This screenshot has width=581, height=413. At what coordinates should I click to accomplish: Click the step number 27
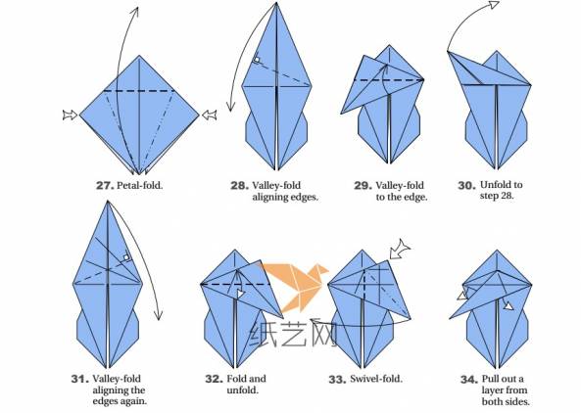(x=105, y=185)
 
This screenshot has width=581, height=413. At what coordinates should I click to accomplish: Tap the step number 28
(x=239, y=185)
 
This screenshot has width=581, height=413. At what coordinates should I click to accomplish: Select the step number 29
(x=363, y=185)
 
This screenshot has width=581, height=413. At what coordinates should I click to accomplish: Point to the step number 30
(x=467, y=185)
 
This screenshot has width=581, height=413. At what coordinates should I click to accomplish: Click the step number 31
(x=80, y=379)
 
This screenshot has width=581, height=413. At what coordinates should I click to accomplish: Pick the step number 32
(x=215, y=379)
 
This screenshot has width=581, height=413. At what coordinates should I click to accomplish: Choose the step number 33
(x=338, y=380)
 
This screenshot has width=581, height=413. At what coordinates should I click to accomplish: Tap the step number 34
(x=469, y=380)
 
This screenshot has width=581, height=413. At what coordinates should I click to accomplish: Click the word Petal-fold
(x=140, y=185)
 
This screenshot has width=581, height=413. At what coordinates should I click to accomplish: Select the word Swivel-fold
(x=376, y=379)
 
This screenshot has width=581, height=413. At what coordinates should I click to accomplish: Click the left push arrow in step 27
(x=71, y=115)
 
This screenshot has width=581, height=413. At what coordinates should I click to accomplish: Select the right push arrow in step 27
(x=210, y=115)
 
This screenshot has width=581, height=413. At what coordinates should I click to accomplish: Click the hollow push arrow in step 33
(x=400, y=250)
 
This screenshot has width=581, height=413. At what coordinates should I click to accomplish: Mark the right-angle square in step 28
(x=257, y=60)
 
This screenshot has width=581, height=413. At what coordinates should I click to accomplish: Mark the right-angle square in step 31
(x=126, y=257)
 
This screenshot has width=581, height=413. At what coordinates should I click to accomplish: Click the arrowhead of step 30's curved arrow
(x=495, y=5)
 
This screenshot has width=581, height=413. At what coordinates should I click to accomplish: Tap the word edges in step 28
(x=305, y=198)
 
